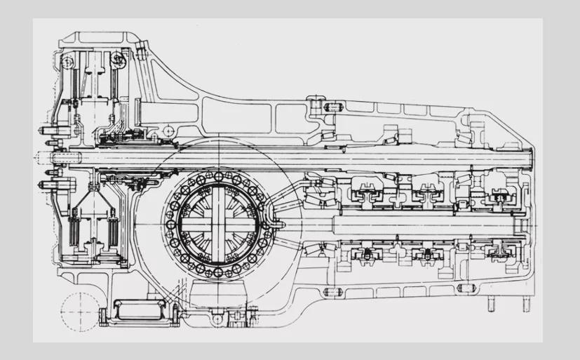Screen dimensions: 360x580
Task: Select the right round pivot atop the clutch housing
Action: click(121, 60)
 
